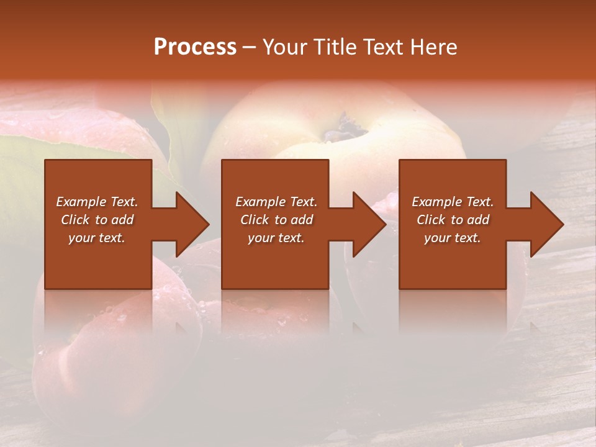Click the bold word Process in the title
click(195, 47)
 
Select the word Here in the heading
click(433, 47)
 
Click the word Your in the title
click(286, 47)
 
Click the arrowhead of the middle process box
click(368, 224)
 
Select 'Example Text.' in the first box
click(97, 202)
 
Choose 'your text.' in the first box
click(97, 238)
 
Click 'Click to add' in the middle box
click(276, 220)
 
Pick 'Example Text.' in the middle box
click(276, 202)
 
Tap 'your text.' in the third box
click(453, 238)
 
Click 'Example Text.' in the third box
click(453, 202)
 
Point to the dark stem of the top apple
click(348, 127)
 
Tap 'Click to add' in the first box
click(97, 220)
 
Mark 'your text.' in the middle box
click(276, 238)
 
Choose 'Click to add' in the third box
click(453, 220)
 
